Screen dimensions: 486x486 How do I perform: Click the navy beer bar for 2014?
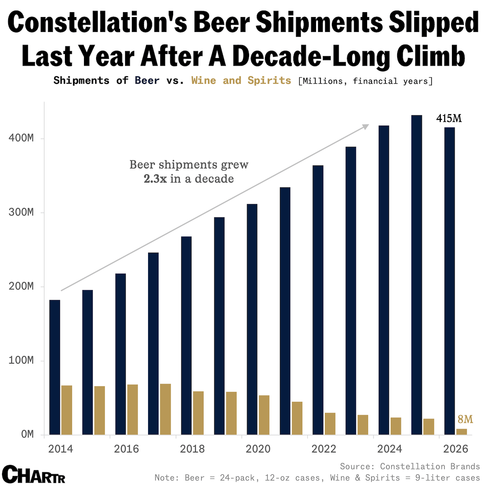pos(55,367)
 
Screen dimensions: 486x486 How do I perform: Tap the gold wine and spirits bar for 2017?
pos(166,409)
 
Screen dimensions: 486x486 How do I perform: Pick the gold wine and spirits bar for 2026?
pos(462,432)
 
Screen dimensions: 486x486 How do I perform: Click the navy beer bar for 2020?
pos(252,319)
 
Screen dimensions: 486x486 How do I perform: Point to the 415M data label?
pos(449,119)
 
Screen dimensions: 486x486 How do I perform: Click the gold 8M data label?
pos(465,419)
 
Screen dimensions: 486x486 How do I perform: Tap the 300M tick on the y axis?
pos(21,213)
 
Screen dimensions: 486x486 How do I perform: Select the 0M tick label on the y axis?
pos(27,434)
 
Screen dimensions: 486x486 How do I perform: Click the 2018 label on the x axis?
pos(192,449)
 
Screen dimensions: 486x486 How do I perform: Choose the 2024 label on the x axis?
pos(389,449)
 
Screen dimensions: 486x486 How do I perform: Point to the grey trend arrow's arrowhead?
pos(366,127)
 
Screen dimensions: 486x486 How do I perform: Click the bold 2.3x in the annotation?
pos(155,179)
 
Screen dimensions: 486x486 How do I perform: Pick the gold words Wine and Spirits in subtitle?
pos(241,80)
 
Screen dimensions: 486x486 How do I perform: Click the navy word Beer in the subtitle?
pos(147,80)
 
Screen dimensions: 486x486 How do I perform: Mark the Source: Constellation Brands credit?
pos(410,467)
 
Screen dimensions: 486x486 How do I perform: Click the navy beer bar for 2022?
pos(318,300)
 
